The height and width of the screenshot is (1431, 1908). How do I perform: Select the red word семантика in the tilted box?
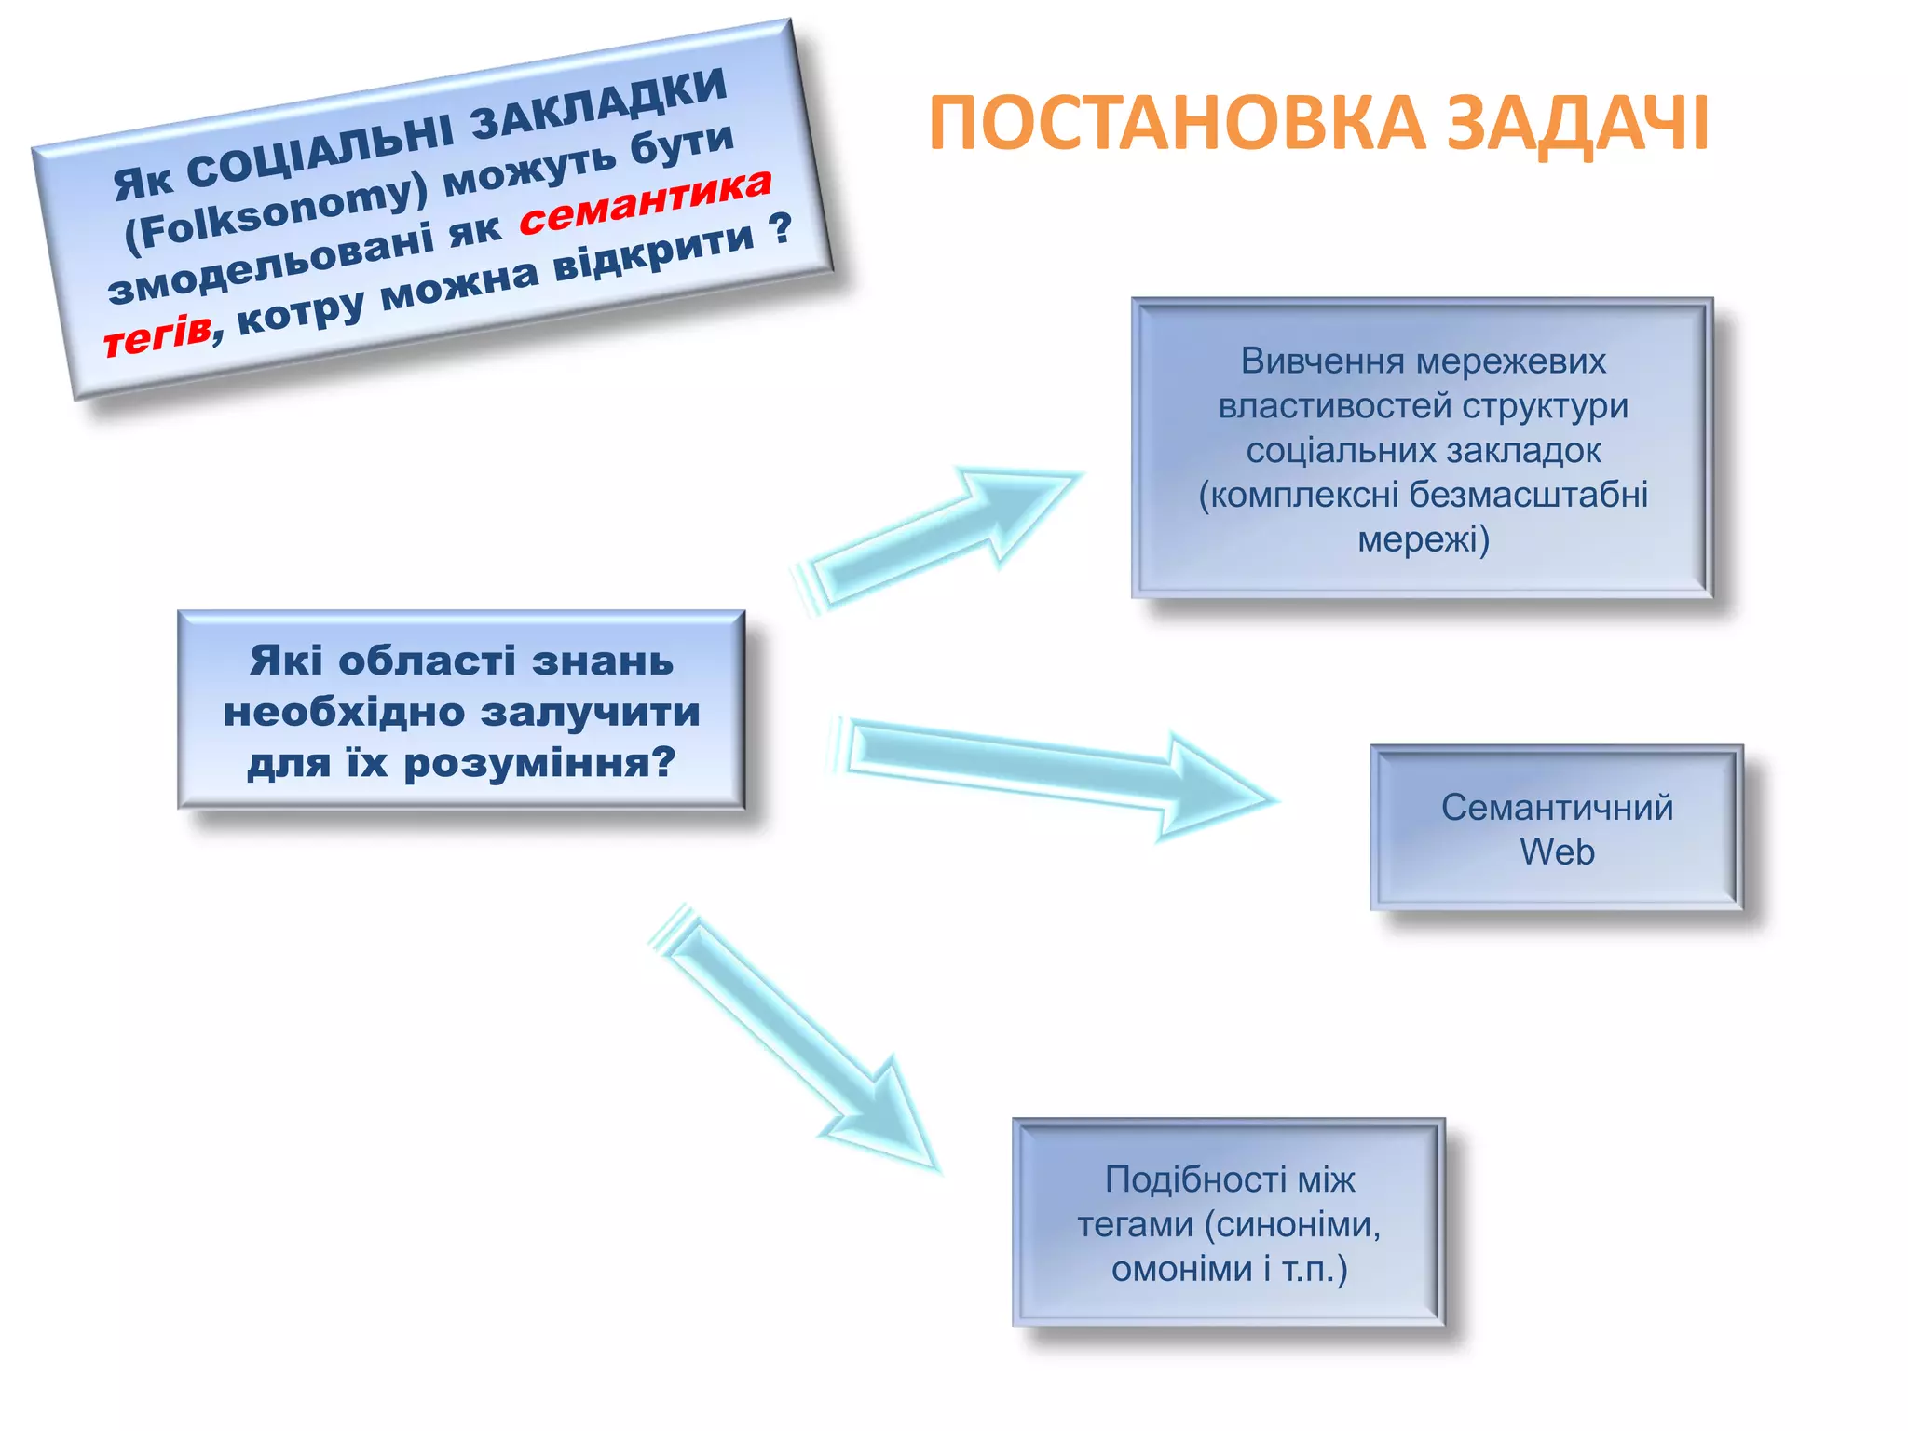(645, 202)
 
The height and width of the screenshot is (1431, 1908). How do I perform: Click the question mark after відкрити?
(781, 226)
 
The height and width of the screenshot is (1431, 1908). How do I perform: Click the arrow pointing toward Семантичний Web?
(1053, 769)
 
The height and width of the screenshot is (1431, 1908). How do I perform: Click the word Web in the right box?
(1557, 852)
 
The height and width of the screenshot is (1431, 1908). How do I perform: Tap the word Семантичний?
(1557, 807)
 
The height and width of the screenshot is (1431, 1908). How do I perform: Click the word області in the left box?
(426, 661)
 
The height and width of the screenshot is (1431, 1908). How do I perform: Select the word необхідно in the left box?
(344, 712)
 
